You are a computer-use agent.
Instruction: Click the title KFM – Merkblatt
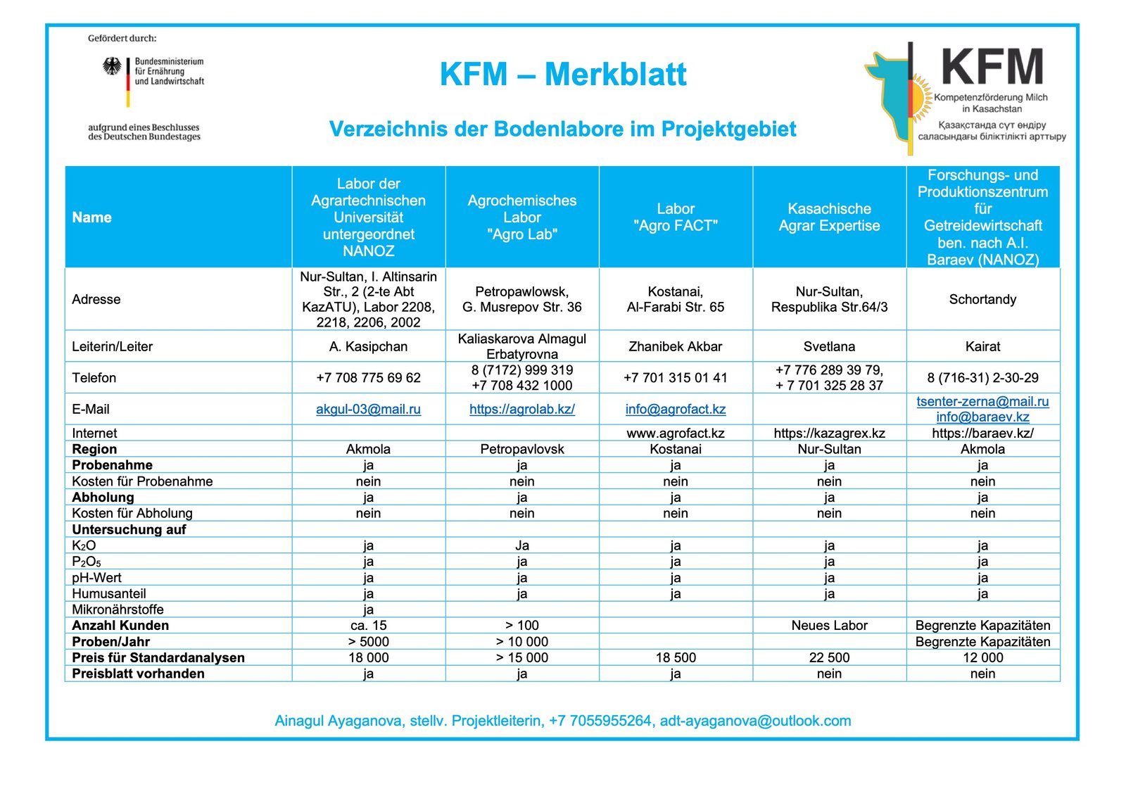(562, 75)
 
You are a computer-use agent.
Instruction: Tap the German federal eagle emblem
(112, 66)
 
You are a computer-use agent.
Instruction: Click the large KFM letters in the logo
(992, 68)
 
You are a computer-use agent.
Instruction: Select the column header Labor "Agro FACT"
(676, 217)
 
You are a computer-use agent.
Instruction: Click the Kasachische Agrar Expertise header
(829, 217)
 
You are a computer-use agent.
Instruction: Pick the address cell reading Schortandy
(982, 299)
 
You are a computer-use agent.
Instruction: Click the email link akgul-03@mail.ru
(368, 409)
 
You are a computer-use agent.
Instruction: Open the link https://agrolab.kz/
(521, 409)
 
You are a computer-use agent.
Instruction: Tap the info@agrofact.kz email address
(676, 409)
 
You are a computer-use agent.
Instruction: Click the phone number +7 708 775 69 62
(368, 377)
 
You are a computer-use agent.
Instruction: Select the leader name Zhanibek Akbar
(676, 346)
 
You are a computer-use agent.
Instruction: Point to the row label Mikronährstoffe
(118, 609)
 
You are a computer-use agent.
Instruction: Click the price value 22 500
(829, 657)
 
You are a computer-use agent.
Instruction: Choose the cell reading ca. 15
(368, 625)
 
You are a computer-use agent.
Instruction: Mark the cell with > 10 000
(521, 641)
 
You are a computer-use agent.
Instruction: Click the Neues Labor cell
(829, 625)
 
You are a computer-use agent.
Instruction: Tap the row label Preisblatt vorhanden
(138, 674)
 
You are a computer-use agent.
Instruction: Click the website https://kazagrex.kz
(829, 433)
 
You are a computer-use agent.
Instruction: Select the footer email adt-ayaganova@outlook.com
(755, 721)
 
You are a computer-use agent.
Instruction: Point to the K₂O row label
(84, 545)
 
